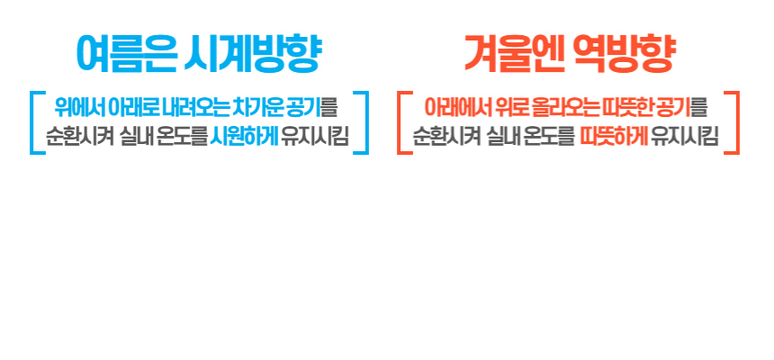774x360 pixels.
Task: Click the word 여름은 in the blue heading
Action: pos(126,54)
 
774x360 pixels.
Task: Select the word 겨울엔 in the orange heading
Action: pos(516,54)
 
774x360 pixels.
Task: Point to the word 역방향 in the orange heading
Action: pos(624,54)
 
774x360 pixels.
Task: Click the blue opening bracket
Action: pos(32,122)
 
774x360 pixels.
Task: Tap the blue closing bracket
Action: pos(366,122)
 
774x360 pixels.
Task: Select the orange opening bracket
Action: pos(400,122)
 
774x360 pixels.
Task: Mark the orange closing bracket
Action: pos(737,122)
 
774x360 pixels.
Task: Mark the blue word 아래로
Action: pos(133,108)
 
